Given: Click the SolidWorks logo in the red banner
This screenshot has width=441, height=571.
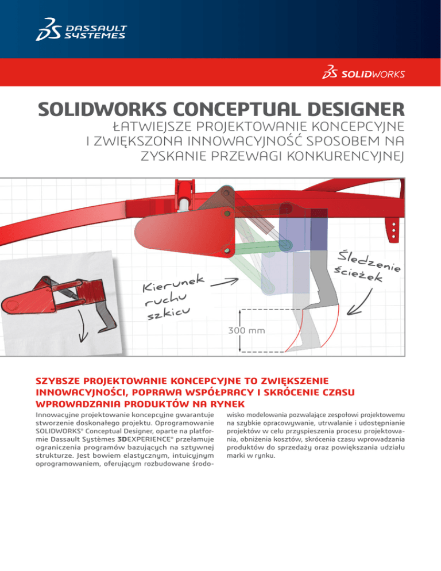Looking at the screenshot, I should pyautogui.click(x=363, y=74).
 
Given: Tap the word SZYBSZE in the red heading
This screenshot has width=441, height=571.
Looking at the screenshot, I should pyautogui.click(x=60, y=381).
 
